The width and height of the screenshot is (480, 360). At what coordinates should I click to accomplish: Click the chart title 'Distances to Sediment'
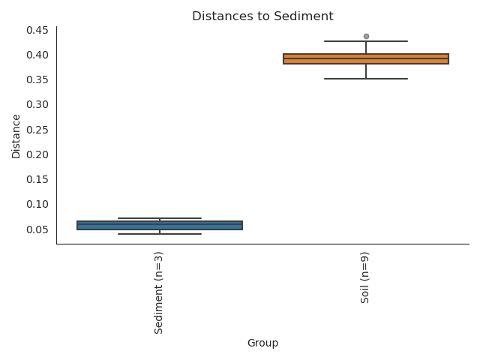point(262,16)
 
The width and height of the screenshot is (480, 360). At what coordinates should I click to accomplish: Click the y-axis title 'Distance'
point(16,136)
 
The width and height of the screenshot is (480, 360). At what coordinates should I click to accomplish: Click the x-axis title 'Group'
point(262,343)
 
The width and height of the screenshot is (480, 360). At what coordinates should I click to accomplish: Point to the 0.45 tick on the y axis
point(38,30)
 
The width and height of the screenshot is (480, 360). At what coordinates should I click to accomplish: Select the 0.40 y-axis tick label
point(38,55)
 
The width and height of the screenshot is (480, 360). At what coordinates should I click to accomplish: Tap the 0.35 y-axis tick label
point(38,79)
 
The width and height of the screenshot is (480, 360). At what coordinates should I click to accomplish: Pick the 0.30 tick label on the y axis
point(38,104)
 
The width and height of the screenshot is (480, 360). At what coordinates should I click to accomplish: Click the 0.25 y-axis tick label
point(38,130)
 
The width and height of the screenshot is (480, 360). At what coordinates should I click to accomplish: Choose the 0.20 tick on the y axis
point(38,154)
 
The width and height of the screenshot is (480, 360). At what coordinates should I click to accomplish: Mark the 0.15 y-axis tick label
point(38,179)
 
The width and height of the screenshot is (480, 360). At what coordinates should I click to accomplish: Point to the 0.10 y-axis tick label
point(38,204)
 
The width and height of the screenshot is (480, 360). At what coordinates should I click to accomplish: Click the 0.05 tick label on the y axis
point(38,229)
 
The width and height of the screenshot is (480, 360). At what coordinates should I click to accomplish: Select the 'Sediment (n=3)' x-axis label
point(160,293)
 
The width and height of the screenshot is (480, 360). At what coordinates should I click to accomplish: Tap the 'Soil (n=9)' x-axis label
point(366,278)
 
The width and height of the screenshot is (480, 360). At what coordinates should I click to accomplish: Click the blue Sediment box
point(160,225)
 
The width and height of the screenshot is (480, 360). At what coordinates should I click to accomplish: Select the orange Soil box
point(366,59)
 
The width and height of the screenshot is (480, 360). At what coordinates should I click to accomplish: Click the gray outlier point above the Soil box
point(366,36)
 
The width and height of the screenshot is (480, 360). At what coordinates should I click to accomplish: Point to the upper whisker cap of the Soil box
point(366,41)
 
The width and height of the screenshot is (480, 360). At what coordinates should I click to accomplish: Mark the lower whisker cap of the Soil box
point(366,79)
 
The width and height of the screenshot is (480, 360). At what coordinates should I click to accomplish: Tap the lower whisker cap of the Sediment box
point(160,234)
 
